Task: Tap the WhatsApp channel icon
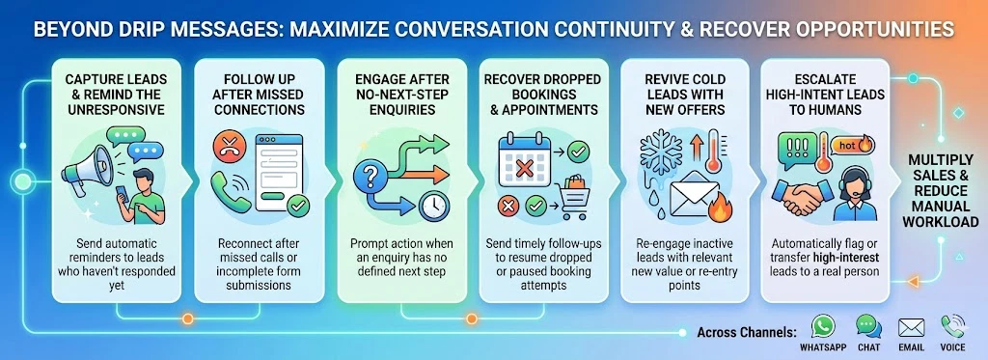click(822, 325)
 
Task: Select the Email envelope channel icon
click(910, 325)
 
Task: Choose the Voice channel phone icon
click(952, 325)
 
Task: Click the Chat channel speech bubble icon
click(866, 325)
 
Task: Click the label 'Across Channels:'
click(746, 333)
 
